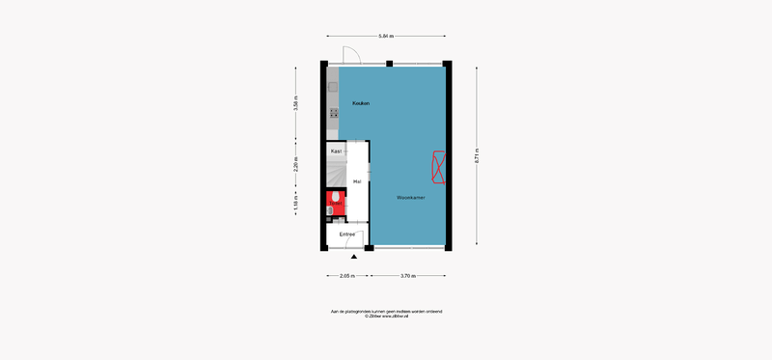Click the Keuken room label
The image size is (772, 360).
click(361, 103)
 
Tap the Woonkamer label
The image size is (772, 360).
click(410, 198)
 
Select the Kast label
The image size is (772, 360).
click(336, 152)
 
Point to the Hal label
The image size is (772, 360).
click(357, 181)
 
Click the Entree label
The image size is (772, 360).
click(346, 234)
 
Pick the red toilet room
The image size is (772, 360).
click(335, 203)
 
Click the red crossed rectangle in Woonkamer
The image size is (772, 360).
click(439, 167)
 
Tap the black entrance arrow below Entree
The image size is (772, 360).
click(355, 257)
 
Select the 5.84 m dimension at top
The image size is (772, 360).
click(386, 36)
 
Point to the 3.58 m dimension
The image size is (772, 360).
click(296, 103)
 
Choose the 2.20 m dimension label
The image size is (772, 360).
click(296, 164)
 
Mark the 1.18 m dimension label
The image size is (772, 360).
click(296, 205)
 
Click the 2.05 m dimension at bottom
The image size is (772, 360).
click(346, 276)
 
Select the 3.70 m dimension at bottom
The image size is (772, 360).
click(407, 276)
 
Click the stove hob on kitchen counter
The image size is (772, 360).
click(334, 114)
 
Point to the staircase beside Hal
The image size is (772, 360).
click(335, 175)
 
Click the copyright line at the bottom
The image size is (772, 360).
click(386, 316)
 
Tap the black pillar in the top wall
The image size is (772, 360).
click(389, 64)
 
